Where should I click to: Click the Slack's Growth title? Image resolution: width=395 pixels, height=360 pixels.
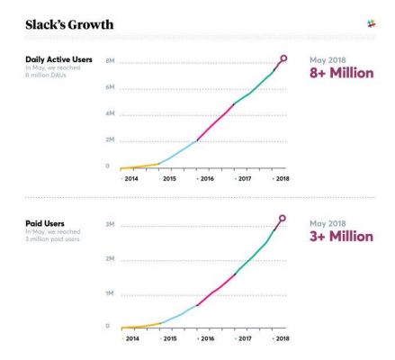(x=69, y=24)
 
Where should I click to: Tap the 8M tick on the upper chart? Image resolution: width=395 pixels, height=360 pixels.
(x=110, y=61)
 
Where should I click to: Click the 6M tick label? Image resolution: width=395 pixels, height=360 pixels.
(x=110, y=87)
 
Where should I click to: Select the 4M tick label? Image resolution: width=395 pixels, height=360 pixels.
(x=110, y=113)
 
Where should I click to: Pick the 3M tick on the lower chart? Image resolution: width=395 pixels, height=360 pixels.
(x=110, y=222)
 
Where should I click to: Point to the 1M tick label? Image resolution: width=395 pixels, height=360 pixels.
(x=110, y=293)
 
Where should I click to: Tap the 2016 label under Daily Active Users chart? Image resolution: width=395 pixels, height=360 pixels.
(x=206, y=180)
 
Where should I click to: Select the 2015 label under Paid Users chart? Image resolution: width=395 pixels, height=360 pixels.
(x=168, y=340)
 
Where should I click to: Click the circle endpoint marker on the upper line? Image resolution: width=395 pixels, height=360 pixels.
(x=283, y=58)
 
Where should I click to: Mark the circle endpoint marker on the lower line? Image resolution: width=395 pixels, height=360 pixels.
(x=282, y=219)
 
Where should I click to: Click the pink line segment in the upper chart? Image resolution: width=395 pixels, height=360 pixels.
(x=216, y=121)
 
